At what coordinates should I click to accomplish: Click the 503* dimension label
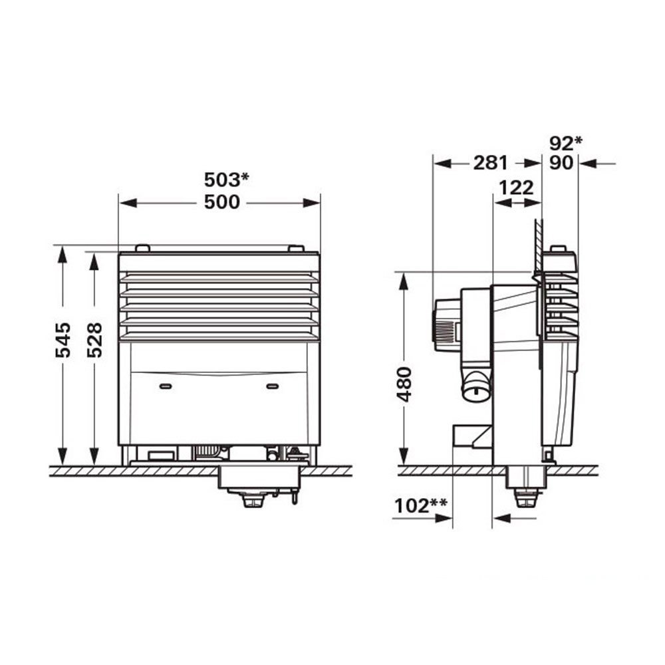tap(227, 180)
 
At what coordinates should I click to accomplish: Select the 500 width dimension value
tap(222, 202)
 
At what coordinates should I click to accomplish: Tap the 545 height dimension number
tap(63, 340)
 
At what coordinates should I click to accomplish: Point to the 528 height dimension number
tap(94, 340)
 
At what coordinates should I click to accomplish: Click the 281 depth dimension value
tap(490, 163)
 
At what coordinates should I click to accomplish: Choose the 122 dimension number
tap(516, 188)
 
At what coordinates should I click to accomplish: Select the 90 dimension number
tap(561, 163)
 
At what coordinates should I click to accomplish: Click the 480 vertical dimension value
tap(404, 384)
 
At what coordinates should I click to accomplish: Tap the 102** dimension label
tap(420, 505)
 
